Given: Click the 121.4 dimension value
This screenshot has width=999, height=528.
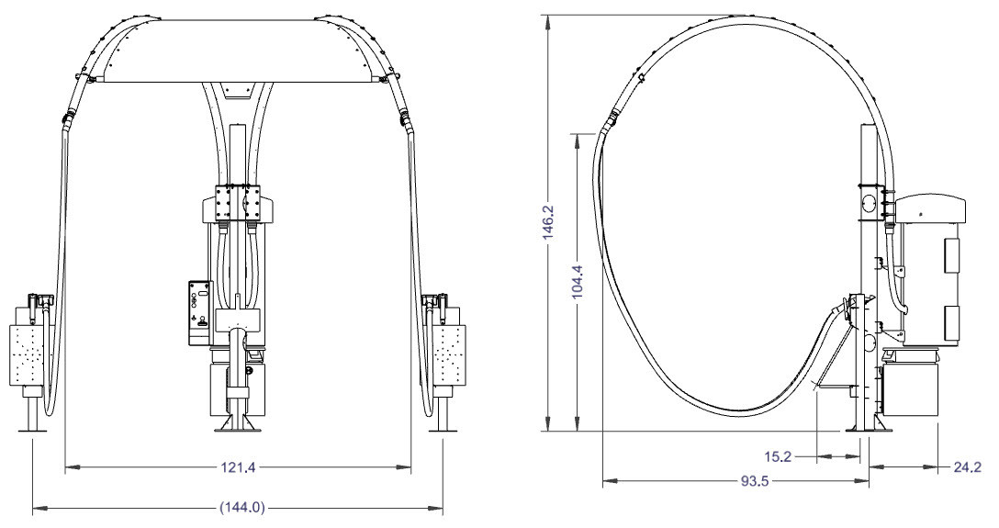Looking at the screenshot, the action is tap(239, 467).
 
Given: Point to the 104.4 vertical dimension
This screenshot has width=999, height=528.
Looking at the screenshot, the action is tap(578, 282).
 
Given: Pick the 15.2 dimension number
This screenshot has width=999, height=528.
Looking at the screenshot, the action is tap(778, 456).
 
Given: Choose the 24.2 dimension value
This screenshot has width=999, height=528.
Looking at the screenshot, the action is tap(967, 467).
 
